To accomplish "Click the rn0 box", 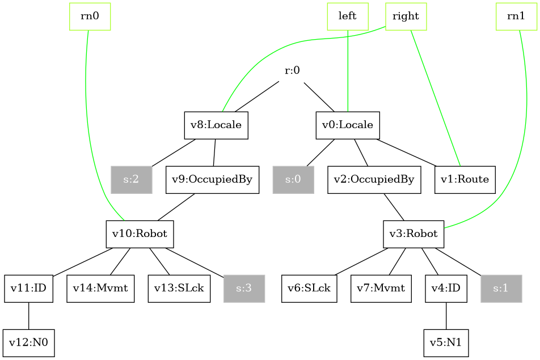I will (90, 16).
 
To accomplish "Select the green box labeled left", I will (348, 16).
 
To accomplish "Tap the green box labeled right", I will (406, 16).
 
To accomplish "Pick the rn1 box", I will (516, 16).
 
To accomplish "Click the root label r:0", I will (292, 71).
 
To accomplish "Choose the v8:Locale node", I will (216, 125).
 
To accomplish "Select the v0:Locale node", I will (348, 125).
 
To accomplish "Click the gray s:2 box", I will (132, 180).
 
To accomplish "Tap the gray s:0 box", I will (293, 180).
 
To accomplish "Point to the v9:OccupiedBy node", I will (212, 180).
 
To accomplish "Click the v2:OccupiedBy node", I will (374, 180).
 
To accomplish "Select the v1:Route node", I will (465, 180).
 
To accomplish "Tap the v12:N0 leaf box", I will (28, 343).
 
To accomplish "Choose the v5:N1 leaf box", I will (446, 343).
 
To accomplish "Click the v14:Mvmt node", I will (100, 289).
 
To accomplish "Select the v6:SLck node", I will (309, 289).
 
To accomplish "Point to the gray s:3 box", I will (244, 289).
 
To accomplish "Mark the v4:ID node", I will (446, 289).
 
